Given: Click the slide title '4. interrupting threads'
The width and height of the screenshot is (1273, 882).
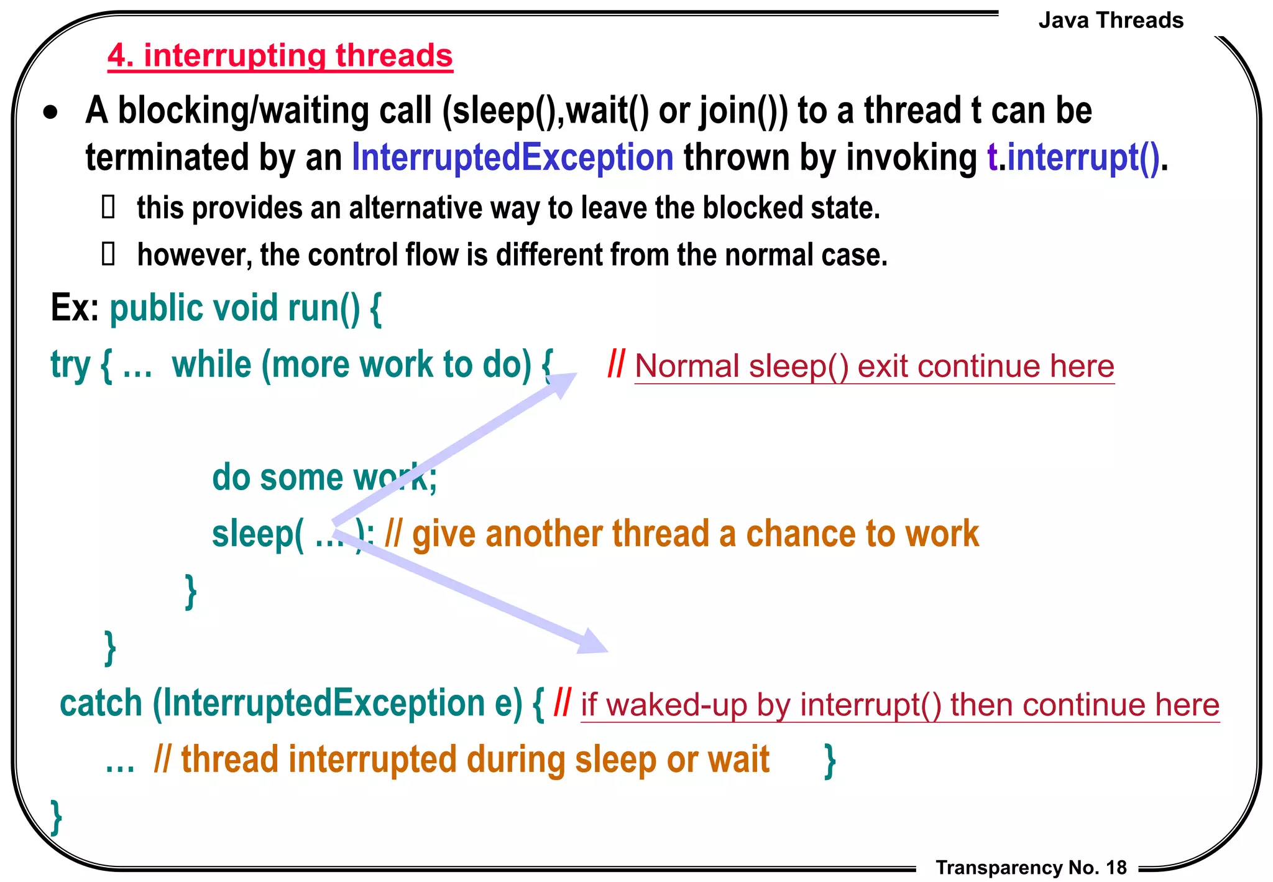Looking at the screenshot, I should point(280,56).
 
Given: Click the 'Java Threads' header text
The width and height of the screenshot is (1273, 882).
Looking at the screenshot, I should point(1110,21).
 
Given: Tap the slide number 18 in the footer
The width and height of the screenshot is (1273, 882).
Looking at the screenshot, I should point(1116,867).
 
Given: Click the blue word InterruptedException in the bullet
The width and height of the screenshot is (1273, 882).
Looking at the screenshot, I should point(512,157).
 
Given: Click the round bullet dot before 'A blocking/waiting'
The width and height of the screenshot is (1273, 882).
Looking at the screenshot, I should point(51,113).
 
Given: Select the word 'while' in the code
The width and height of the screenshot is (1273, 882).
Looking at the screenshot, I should point(211,364).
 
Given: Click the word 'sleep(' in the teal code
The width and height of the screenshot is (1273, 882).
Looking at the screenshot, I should point(258,534).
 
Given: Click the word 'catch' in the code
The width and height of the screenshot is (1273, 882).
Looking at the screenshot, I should point(101,703).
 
